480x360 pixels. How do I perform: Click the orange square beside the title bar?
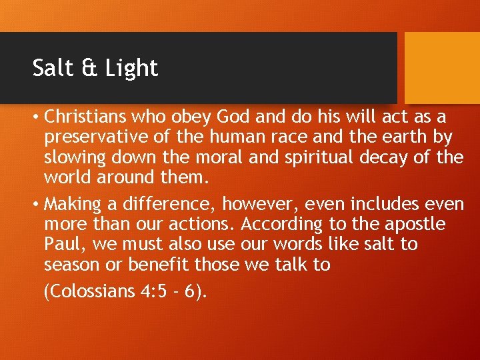tap(442, 68)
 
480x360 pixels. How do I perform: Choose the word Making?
tap(73, 203)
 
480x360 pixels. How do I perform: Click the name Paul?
tap(61, 244)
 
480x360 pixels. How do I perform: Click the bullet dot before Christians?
tap(36, 118)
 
